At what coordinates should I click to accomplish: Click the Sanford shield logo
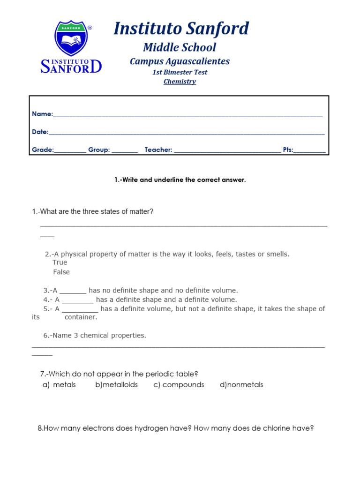click(71, 38)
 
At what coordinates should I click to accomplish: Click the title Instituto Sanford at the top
click(181, 29)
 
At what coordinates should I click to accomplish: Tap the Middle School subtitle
click(180, 47)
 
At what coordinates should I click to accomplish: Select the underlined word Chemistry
click(180, 82)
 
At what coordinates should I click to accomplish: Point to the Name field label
click(42, 114)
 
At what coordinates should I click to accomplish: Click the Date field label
click(40, 132)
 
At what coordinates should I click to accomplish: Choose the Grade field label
click(43, 150)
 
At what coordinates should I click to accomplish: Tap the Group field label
click(99, 150)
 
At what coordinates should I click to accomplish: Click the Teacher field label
click(158, 150)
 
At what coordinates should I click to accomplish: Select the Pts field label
click(288, 150)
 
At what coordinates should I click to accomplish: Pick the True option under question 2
click(60, 262)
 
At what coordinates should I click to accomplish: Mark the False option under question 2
click(61, 272)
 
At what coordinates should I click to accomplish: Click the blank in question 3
click(73, 291)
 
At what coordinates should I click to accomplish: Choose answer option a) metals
click(59, 385)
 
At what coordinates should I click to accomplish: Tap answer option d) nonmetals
click(241, 385)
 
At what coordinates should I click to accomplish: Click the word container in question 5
click(81, 317)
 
